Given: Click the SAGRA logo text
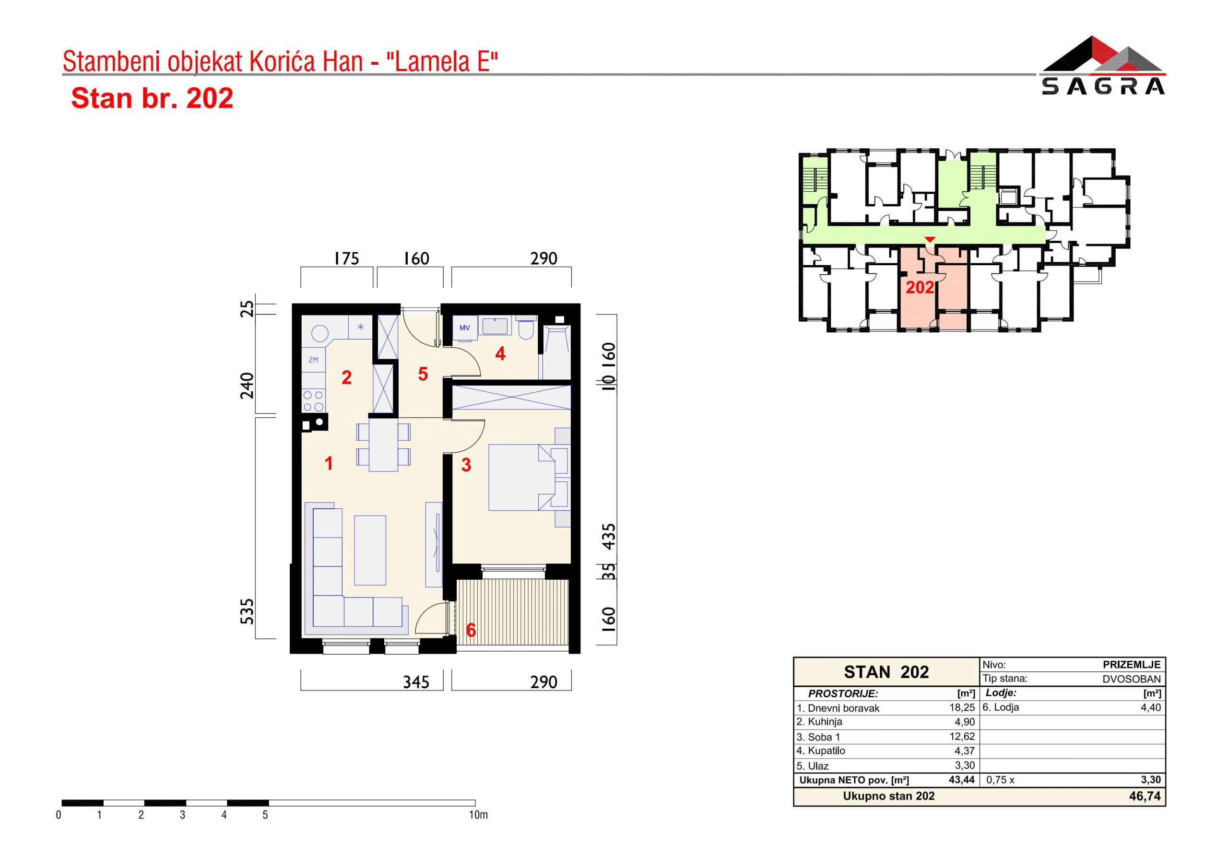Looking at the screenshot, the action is click(1103, 87).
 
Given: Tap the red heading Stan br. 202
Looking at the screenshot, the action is click(153, 98).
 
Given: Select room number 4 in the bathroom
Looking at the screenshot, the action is click(500, 353).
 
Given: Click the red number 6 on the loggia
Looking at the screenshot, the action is click(471, 630).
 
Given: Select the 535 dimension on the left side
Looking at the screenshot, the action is click(247, 611).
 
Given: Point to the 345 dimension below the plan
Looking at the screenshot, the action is click(416, 682).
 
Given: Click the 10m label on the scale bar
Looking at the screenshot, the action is click(478, 815).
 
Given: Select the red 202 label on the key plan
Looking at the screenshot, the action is click(920, 288).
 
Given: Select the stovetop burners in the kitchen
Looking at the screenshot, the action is click(313, 400).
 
